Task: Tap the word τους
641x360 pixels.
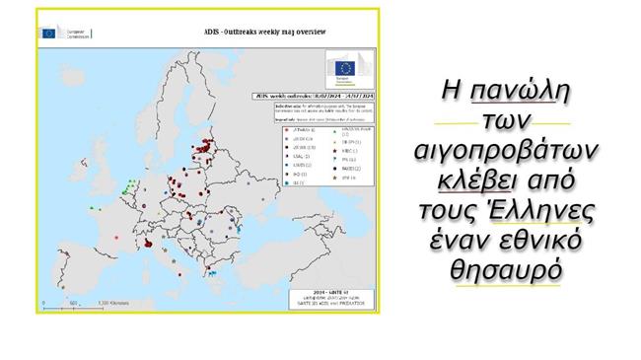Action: pos(455,211)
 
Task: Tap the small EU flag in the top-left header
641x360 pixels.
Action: pos(48,33)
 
